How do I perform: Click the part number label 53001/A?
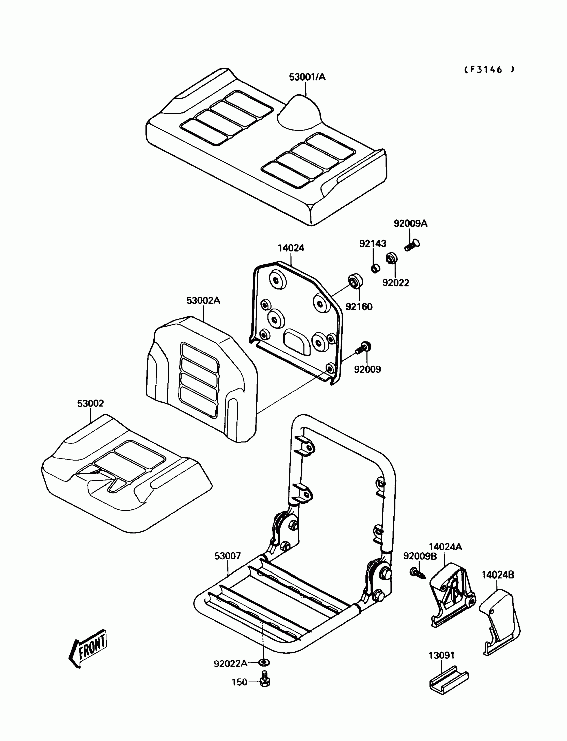307,77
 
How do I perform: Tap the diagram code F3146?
489,69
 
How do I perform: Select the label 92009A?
410,224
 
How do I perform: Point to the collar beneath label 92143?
375,268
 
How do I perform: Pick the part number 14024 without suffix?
291,248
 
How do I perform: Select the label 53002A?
203,301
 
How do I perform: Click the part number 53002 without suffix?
90,403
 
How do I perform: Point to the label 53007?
228,556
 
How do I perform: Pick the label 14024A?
445,547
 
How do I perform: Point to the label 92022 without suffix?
395,283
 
